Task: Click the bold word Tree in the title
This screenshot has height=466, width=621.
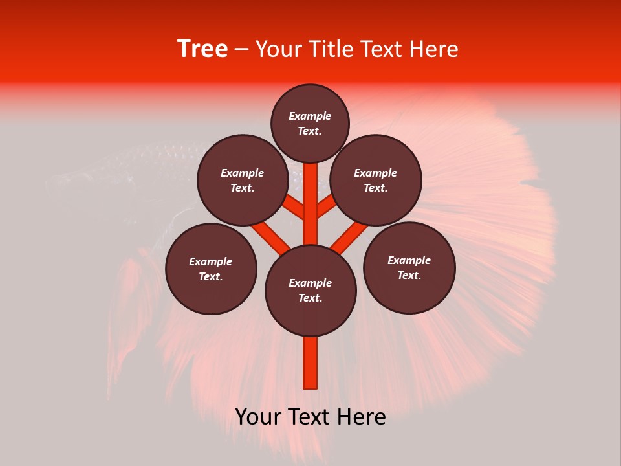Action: pyautogui.click(x=202, y=49)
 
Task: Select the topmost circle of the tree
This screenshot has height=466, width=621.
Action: pyautogui.click(x=310, y=123)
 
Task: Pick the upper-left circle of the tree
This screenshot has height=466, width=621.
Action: pyautogui.click(x=243, y=181)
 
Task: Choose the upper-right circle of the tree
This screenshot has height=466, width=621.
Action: pyautogui.click(x=376, y=181)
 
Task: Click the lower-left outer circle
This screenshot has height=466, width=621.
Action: pyautogui.click(x=211, y=269)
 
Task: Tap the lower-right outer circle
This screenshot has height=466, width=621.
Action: pyautogui.click(x=409, y=268)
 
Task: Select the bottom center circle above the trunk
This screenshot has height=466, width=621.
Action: pyautogui.click(x=310, y=291)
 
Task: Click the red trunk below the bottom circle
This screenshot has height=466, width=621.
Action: pyautogui.click(x=310, y=362)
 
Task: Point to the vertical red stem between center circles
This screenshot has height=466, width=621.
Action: pyautogui.click(x=310, y=204)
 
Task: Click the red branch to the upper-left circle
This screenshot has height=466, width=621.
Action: pyautogui.click(x=294, y=208)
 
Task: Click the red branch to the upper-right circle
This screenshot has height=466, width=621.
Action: pyautogui.click(x=327, y=206)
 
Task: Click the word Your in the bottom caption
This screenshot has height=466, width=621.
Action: pyautogui.click(x=257, y=417)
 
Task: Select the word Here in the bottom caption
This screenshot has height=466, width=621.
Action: pyautogui.click(x=362, y=417)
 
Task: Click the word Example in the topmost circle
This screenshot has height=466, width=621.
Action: pyautogui.click(x=310, y=116)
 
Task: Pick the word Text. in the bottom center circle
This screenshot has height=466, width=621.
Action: pyautogui.click(x=310, y=298)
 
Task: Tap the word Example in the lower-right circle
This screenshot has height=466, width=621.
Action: pyautogui.click(x=409, y=260)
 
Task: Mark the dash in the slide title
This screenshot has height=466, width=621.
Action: pyautogui.click(x=241, y=49)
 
